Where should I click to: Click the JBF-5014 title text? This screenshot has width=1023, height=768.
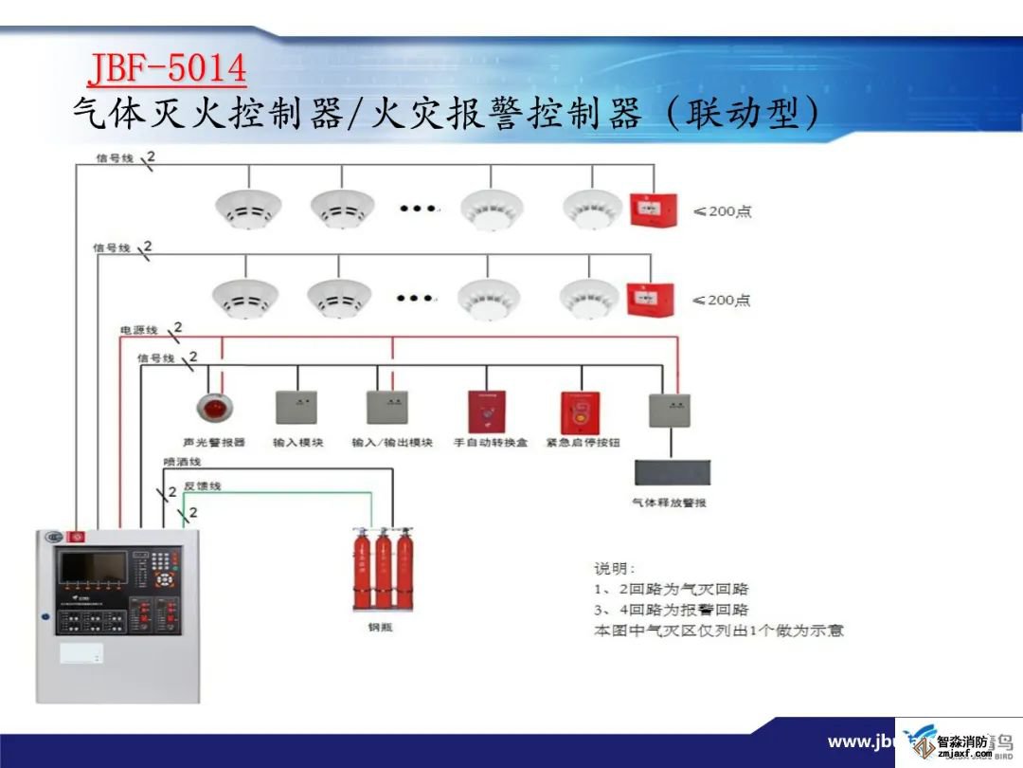167,69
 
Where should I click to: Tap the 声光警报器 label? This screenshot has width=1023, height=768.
214,443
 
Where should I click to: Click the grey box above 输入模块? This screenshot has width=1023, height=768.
296,407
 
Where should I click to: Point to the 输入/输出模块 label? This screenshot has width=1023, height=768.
392,443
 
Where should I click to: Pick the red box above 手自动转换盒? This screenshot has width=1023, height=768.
487,411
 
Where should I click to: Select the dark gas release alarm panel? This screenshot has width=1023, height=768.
672,471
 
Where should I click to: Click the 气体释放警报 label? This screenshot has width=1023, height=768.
670,503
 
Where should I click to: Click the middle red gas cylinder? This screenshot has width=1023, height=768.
384,569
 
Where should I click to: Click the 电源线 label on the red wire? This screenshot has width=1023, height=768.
138,331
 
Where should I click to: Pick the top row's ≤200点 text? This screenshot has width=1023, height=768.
723,212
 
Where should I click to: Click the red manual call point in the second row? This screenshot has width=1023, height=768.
650,301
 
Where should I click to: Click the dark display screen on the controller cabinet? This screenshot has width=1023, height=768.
92,567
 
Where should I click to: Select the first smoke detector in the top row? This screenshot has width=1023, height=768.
248,207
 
